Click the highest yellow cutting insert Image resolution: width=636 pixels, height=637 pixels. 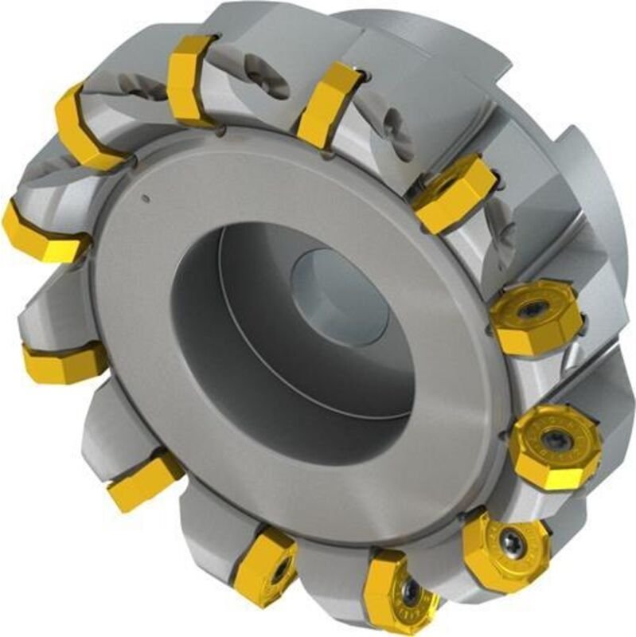pos(189,80)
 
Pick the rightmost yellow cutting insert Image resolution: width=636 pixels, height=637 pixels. pos(555,447)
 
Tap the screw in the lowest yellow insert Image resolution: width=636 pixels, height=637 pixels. pos(408,592)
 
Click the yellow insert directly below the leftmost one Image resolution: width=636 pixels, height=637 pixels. pos(64,361)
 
